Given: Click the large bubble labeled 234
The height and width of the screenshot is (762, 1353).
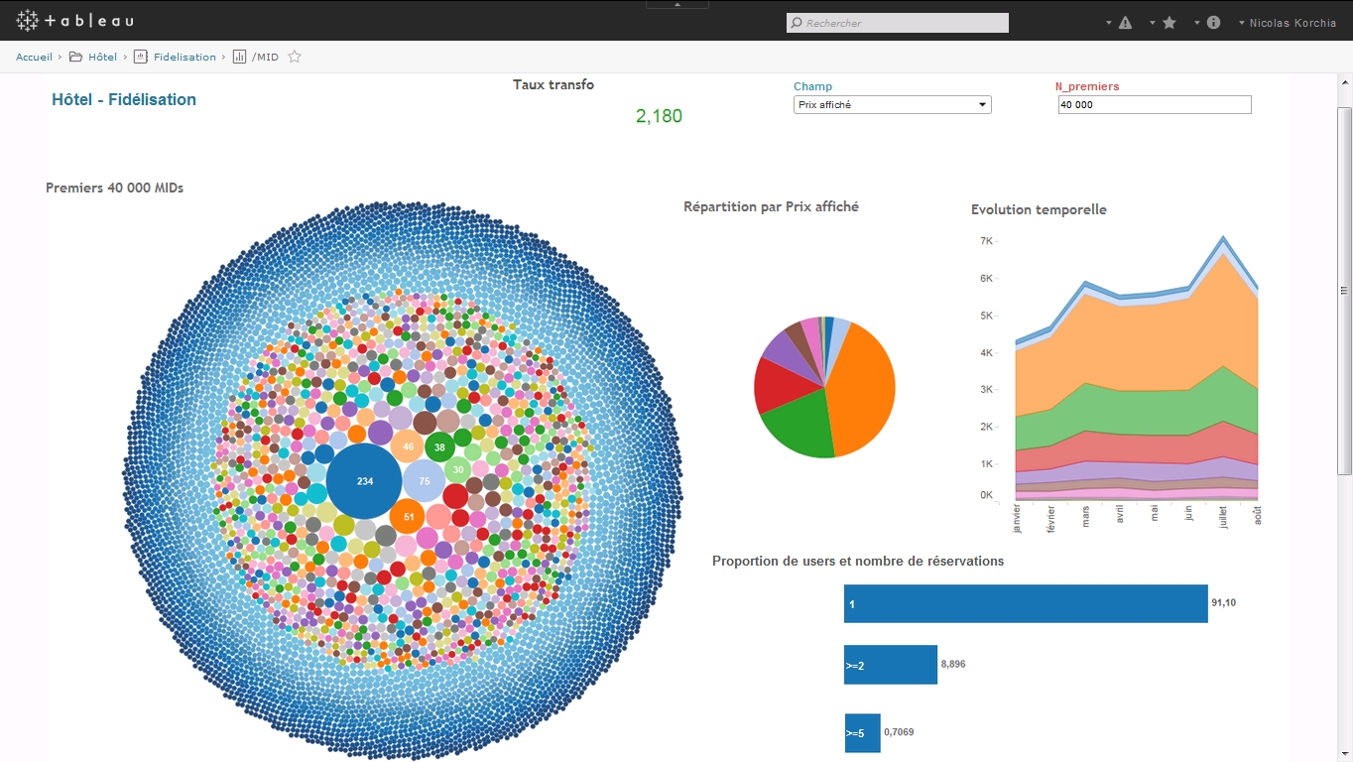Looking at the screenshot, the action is pyautogui.click(x=364, y=481).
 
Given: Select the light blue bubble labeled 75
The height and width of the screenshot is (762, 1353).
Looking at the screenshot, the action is pyautogui.click(x=424, y=481).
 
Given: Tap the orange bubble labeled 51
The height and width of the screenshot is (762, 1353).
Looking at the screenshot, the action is pyautogui.click(x=409, y=517).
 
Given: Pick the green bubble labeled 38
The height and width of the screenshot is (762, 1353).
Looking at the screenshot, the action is pyautogui.click(x=439, y=447).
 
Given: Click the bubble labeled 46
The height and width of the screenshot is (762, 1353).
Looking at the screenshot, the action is pyautogui.click(x=408, y=446).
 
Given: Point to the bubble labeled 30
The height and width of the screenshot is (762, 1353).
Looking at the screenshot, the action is pyautogui.click(x=458, y=469).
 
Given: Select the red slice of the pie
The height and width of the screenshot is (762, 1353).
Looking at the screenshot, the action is pyautogui.click(x=783, y=387).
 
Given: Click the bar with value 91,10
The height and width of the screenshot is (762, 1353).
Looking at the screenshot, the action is pyautogui.click(x=1026, y=603).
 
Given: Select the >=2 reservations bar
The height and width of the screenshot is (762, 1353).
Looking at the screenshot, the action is pyautogui.click(x=891, y=665).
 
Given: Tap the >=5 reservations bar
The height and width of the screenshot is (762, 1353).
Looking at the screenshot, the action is pyautogui.click(x=862, y=733).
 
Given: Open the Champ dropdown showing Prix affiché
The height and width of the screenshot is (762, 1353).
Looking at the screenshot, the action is pyautogui.click(x=892, y=104).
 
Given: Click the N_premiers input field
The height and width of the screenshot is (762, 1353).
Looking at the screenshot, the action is pyautogui.click(x=1155, y=104).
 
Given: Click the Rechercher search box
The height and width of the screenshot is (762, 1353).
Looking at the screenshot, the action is pyautogui.click(x=897, y=23).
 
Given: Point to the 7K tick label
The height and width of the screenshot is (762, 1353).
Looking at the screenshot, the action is pyautogui.click(x=986, y=241).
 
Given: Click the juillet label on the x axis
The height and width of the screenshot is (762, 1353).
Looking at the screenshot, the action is pyautogui.click(x=1223, y=517).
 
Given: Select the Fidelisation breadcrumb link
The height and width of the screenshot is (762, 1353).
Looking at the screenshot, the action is pyautogui.click(x=184, y=57).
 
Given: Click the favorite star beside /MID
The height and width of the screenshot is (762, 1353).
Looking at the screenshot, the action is pyautogui.click(x=295, y=57).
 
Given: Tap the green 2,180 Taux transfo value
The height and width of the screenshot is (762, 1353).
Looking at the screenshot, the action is pyautogui.click(x=659, y=116).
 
